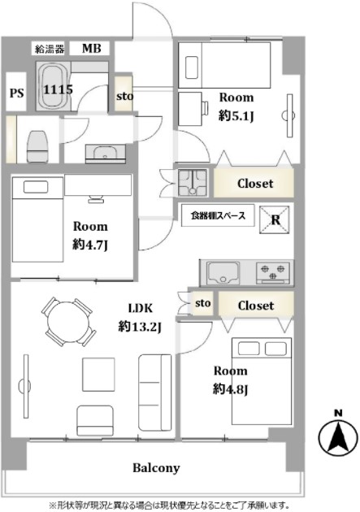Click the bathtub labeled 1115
coord(53,86)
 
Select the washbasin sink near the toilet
coord(105,153)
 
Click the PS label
coord(16,93)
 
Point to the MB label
coord(91,49)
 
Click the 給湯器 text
coord(50,49)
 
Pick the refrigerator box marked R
coord(275,219)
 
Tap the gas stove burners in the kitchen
coord(273,272)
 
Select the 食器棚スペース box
coord(218,215)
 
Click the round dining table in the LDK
coord(68,322)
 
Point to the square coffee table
coord(98,374)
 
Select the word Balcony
coord(156,468)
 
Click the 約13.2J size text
coord(140,326)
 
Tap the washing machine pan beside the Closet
coord(193,183)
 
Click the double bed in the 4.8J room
coord(262,381)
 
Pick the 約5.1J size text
coord(236,115)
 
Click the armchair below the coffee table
coord(95,421)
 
